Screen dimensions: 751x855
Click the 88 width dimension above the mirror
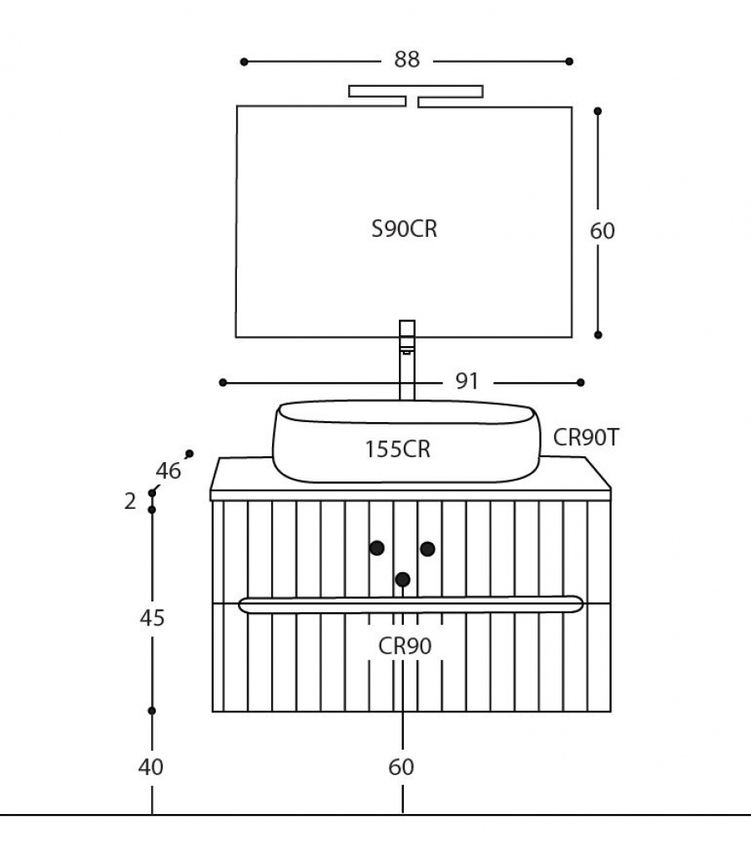(x=407, y=59)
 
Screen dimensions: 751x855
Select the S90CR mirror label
(x=404, y=229)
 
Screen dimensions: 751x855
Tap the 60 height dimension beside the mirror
(x=602, y=231)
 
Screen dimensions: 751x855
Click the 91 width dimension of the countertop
(x=466, y=381)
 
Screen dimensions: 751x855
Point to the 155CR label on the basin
(x=397, y=450)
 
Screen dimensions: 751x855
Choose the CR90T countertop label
(x=587, y=437)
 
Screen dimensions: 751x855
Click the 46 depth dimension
(x=168, y=470)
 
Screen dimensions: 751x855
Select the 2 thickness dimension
(x=130, y=500)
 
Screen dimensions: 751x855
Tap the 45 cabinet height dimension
(x=152, y=618)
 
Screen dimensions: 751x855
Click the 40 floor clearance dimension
(x=150, y=767)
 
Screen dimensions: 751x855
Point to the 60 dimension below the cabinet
(x=401, y=767)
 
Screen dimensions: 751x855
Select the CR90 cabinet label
(x=405, y=646)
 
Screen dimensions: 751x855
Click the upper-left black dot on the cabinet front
(x=377, y=548)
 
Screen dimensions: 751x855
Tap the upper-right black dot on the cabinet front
(x=427, y=549)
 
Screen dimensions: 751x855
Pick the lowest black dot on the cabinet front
(x=402, y=579)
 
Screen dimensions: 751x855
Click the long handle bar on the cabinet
(x=411, y=605)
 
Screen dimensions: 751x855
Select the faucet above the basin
(x=407, y=360)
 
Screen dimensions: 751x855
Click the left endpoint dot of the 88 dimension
(x=244, y=62)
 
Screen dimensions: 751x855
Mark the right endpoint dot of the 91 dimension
(x=580, y=382)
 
